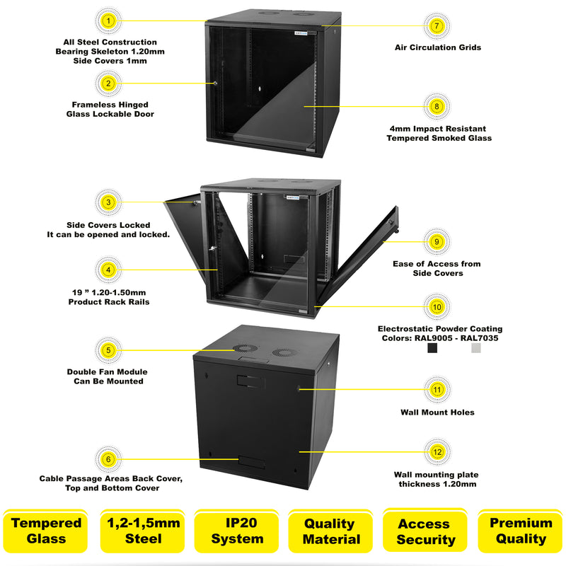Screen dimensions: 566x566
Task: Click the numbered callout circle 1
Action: point(108,21)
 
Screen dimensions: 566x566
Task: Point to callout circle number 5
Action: point(108,350)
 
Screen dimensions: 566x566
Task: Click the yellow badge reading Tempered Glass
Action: point(46,531)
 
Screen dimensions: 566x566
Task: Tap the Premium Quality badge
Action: point(521,531)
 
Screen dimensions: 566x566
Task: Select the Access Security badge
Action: point(424,531)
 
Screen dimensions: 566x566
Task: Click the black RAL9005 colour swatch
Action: point(432,348)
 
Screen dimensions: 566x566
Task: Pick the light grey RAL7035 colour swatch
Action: point(476,348)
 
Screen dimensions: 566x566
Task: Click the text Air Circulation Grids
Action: point(437,47)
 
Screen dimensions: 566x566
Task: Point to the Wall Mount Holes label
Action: point(437,412)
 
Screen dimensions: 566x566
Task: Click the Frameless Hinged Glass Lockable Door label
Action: point(110,109)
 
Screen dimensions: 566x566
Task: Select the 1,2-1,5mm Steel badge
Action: point(144,531)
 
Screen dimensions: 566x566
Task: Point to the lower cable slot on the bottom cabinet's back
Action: point(250,464)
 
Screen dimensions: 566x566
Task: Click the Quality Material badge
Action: point(330,531)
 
